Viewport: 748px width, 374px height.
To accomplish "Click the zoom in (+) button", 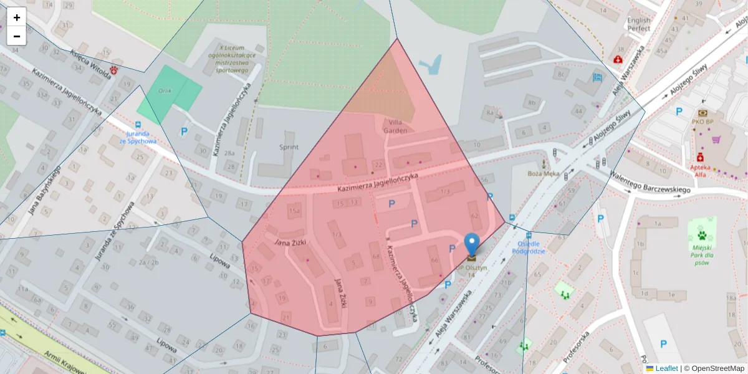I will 17,17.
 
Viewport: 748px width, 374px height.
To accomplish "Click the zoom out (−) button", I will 17,36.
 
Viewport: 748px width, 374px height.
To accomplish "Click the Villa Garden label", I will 397,126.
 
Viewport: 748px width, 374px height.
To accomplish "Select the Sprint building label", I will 289,147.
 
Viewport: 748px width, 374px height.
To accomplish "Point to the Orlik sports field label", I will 165,90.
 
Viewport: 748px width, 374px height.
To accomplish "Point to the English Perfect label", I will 639,24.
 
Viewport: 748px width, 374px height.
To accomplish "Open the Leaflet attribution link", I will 666,368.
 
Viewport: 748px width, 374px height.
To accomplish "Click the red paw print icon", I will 114,70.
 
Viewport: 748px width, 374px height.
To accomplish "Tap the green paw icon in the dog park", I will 702,236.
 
